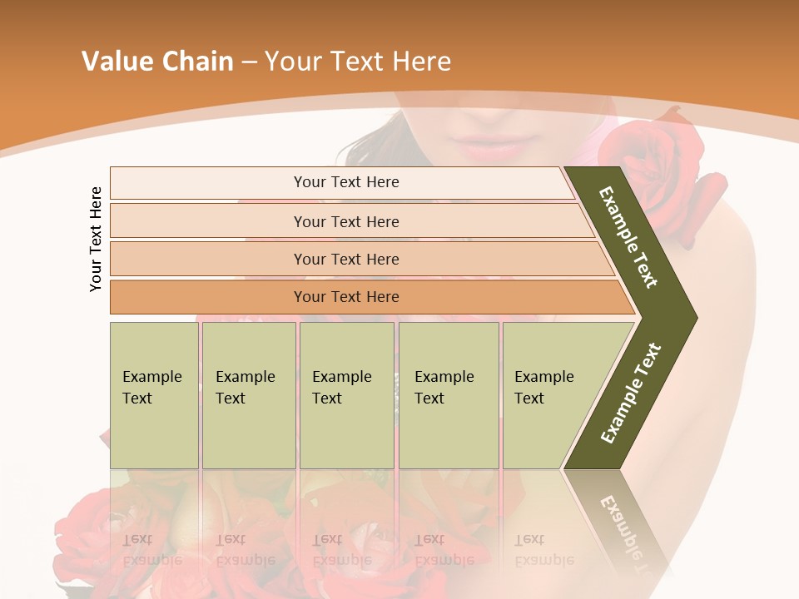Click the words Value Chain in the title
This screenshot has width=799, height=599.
click(157, 62)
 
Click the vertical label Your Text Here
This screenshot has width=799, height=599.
click(96, 239)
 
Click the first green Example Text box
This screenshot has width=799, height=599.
click(154, 395)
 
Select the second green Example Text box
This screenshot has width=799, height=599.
click(248, 395)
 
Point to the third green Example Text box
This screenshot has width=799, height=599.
click(346, 395)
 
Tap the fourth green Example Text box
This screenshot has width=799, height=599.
click(448, 395)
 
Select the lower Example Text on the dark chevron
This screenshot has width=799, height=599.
click(630, 393)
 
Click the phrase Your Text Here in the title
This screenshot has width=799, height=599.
click(358, 62)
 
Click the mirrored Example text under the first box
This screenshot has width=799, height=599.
click(152, 549)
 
